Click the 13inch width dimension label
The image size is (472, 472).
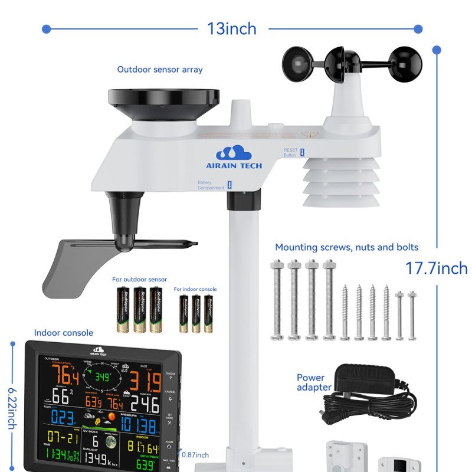(232, 28)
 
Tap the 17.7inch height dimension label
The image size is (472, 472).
(436, 268)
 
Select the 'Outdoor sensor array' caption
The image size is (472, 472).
(160, 70)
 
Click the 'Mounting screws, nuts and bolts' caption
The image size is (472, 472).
(347, 247)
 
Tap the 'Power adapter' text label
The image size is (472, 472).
(313, 382)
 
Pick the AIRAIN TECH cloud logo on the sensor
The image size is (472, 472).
(234, 152)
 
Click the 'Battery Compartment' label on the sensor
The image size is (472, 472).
(211, 185)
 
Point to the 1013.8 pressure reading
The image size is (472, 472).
(139, 425)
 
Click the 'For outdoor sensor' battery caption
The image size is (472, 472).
(139, 279)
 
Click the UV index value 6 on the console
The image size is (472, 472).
(95, 441)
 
